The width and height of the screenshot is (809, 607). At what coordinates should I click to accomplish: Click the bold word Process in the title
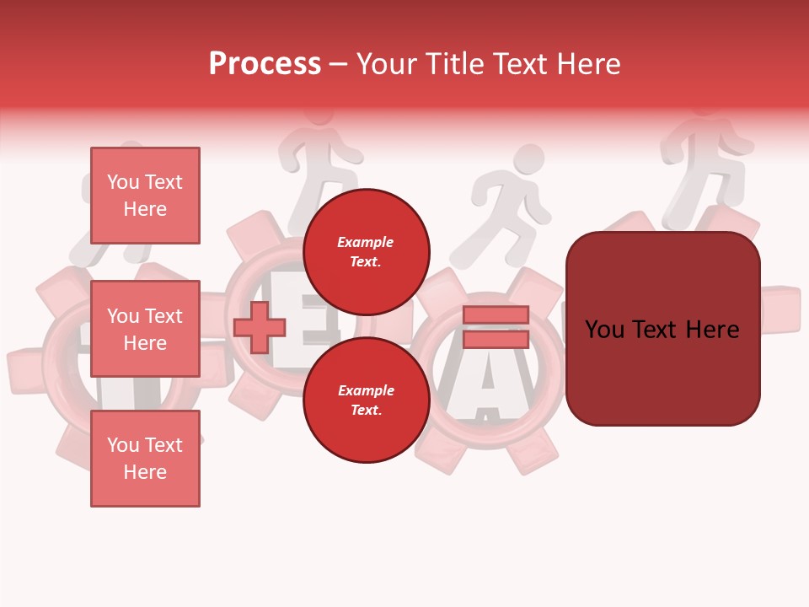click(265, 63)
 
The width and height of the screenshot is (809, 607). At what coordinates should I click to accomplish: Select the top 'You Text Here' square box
click(145, 196)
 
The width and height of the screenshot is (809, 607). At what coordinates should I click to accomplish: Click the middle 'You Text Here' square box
click(145, 329)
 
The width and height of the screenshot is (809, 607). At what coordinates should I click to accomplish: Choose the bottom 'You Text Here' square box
click(145, 458)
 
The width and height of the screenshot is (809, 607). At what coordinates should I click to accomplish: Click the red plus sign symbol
click(260, 328)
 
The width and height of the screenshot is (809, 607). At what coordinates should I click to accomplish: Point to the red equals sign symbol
click(496, 327)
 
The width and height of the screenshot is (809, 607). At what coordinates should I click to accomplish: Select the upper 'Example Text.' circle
click(367, 251)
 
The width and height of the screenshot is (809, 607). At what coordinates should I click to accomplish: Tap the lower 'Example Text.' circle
click(367, 400)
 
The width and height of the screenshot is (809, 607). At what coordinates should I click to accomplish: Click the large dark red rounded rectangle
click(662, 329)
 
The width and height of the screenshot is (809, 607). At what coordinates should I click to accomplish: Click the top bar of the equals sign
click(496, 314)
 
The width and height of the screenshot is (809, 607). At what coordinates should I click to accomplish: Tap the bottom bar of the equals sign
click(496, 339)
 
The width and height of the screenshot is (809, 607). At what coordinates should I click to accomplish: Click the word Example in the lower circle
click(366, 390)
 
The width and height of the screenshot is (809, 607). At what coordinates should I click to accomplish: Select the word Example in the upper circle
click(366, 242)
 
